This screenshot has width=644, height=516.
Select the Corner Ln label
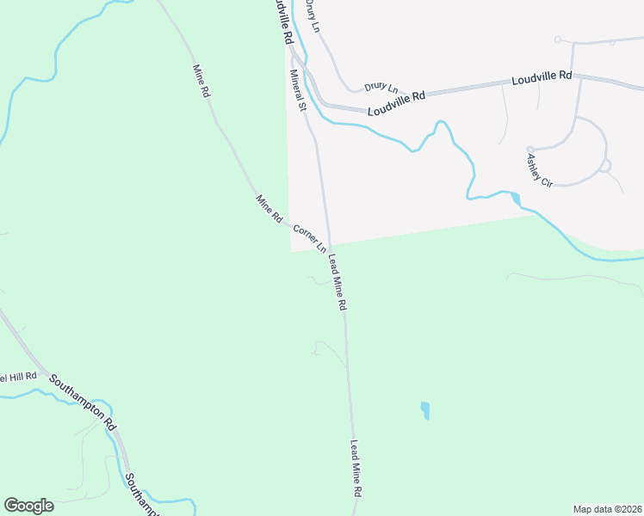[x=309, y=238]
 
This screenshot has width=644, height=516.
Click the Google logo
[x=28, y=506]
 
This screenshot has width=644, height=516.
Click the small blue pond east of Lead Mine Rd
[x=424, y=410]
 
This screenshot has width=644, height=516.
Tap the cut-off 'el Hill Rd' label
[x=18, y=377]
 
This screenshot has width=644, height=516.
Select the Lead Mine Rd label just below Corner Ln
[x=337, y=281]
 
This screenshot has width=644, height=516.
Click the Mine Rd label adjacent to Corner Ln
[x=269, y=209]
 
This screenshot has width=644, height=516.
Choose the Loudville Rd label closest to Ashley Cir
[x=542, y=77]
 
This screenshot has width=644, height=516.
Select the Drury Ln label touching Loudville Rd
[x=381, y=87]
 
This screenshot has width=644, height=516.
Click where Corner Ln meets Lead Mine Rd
[x=328, y=249]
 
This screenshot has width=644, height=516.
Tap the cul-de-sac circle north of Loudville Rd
[x=558, y=40]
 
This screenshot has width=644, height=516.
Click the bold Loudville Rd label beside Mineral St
[x=282, y=23]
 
